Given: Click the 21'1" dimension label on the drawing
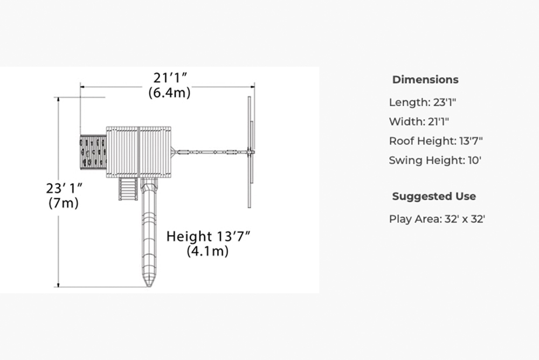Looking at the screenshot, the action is click(170, 78).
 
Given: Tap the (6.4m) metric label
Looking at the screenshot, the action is click(169, 93).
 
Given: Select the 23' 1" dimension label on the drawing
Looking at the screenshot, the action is click(64, 189).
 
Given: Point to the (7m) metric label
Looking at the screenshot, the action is click(64, 203).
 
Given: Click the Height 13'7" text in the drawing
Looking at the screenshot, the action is click(208, 237).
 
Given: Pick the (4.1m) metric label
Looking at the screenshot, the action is click(208, 251).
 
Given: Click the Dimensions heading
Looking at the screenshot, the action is click(425, 79).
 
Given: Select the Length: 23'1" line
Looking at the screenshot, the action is click(423, 102).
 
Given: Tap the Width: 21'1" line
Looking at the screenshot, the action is click(419, 121).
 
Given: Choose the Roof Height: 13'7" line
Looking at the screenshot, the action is click(436, 141).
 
